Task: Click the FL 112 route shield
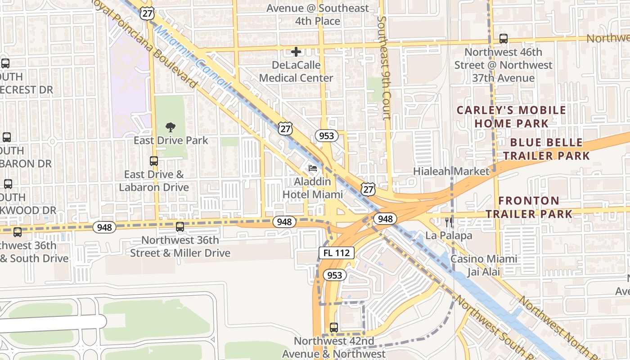337,253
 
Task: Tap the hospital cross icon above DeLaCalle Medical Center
296,52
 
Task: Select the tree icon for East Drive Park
171,127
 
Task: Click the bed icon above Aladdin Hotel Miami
313,169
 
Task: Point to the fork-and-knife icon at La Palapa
449,222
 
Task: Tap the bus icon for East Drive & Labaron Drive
154,161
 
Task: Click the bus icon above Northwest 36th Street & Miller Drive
180,227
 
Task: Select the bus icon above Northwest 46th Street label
503,39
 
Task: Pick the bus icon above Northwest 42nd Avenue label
333,328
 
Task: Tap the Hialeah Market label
451,171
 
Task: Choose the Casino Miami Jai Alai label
484,265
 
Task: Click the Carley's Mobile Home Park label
511,117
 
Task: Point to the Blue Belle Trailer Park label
546,149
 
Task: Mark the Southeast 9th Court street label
384,67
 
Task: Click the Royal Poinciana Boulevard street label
146,43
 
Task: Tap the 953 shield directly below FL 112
335,275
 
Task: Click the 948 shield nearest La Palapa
385,219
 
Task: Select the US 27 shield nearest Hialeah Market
368,189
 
